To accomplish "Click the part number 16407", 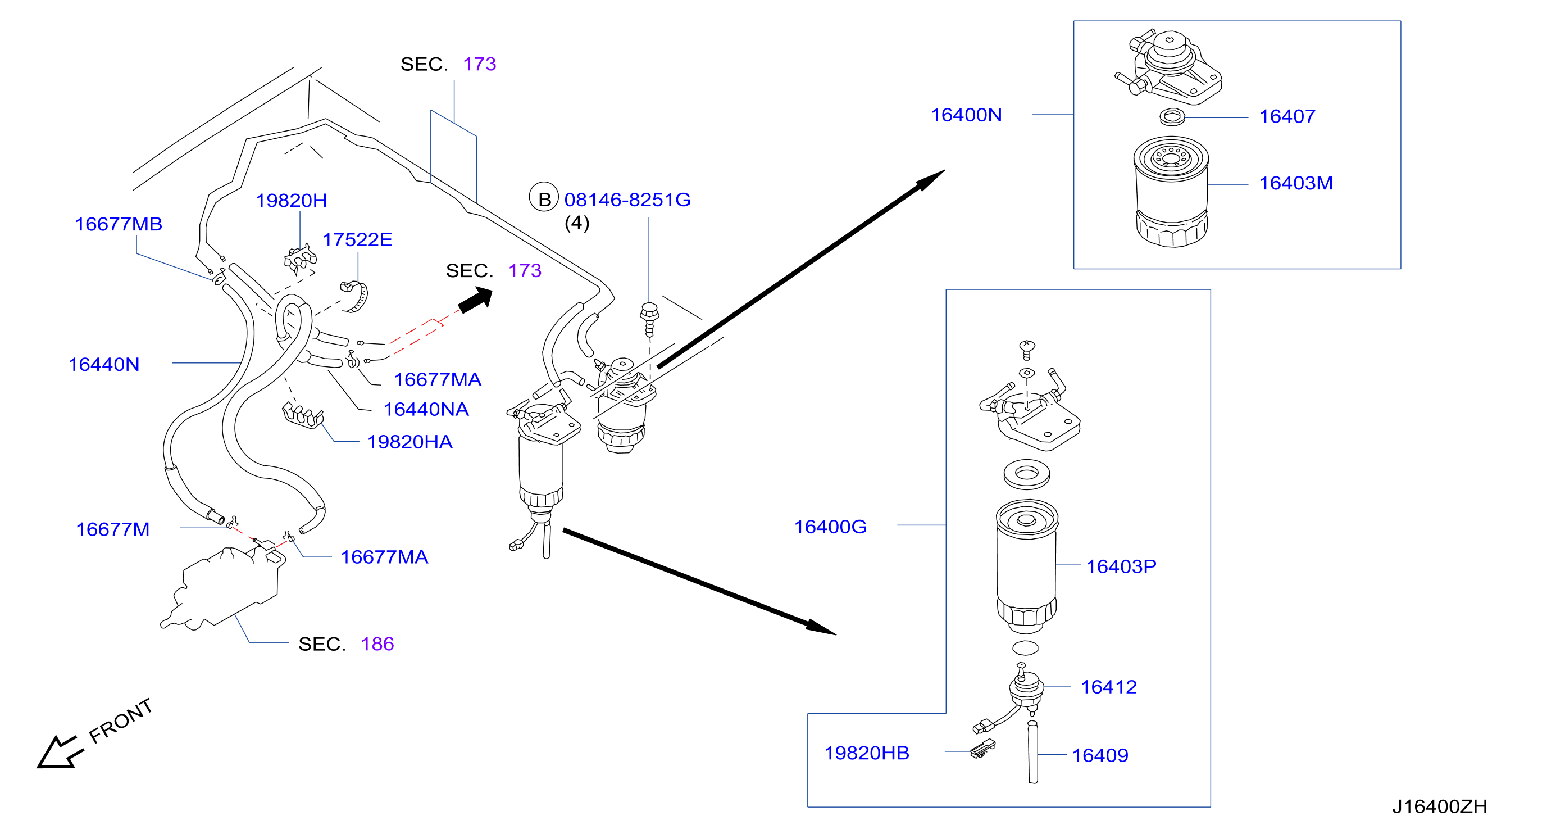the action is point(1286,116).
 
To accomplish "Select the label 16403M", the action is point(1295,183).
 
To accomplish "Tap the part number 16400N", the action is point(966,115).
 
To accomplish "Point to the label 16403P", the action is point(1121,566).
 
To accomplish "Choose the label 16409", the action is point(1100,755).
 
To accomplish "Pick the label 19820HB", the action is point(866,753).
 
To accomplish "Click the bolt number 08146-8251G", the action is point(627,200).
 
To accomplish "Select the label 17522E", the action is point(357,240).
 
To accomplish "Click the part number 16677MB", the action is point(119,224).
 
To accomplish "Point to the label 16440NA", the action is point(426,409).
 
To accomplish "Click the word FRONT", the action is point(120,720).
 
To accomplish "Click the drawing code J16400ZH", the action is point(1439,806).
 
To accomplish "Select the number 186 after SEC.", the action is point(377,644).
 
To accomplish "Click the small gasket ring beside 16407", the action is point(1172,116).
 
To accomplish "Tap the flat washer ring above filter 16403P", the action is point(1026,474).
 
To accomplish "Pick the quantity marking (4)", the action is point(576,223).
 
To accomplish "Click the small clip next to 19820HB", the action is point(982,749).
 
